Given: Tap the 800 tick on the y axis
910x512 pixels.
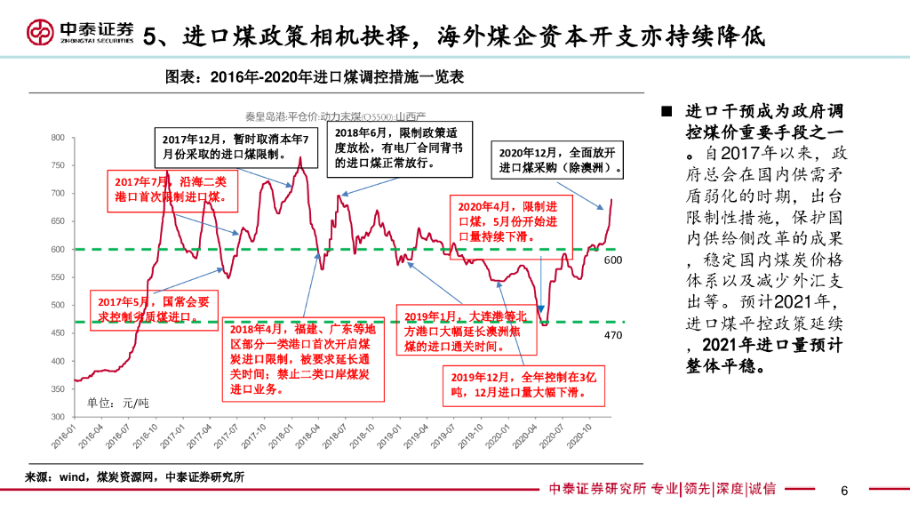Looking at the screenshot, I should (57, 138).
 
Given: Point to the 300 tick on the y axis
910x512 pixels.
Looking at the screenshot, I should (57, 416).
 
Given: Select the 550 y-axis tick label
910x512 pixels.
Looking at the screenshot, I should (57, 277).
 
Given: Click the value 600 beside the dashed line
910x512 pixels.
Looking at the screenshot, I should (612, 261).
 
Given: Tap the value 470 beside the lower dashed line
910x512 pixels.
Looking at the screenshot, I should (612, 335).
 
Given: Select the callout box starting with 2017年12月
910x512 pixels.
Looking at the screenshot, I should (236, 148).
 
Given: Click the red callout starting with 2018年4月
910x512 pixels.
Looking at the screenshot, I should (303, 358).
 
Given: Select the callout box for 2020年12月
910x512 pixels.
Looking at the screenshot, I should (559, 159).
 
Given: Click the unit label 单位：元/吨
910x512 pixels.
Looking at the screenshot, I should (117, 404).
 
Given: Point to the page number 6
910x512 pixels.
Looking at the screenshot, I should (844, 491).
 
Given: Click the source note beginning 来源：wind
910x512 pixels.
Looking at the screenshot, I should (133, 477).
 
